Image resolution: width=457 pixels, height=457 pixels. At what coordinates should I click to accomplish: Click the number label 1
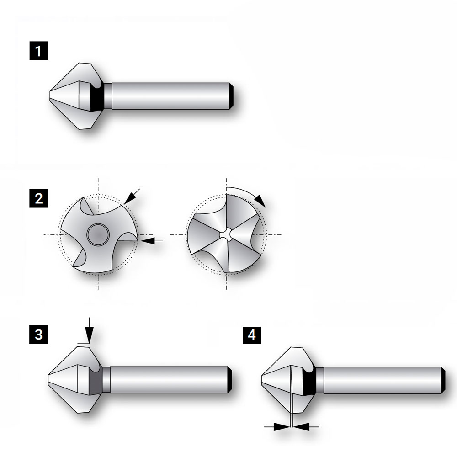click(x=39, y=51)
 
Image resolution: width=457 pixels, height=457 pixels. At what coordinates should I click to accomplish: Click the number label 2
click(x=39, y=198)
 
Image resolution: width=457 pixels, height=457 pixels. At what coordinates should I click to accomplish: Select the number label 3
click(x=39, y=335)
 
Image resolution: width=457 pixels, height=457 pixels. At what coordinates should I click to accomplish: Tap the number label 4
click(x=252, y=335)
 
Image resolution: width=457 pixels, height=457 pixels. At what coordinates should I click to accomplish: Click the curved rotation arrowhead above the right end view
click(x=260, y=201)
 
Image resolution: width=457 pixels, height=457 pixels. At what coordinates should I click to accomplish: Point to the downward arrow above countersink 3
click(x=89, y=330)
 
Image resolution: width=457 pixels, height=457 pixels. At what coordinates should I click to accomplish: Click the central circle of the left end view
click(x=98, y=234)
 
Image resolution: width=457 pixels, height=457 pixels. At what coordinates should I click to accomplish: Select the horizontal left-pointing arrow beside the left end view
click(x=151, y=241)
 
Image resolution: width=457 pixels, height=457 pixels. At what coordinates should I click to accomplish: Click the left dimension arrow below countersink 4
click(x=277, y=427)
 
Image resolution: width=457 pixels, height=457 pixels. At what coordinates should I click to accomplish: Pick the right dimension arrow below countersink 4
click(x=306, y=427)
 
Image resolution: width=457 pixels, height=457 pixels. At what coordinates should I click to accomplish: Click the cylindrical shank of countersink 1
click(x=170, y=96)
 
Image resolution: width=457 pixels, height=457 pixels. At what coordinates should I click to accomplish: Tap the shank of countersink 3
click(x=169, y=380)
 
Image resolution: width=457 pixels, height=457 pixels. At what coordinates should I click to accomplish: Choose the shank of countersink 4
click(x=382, y=380)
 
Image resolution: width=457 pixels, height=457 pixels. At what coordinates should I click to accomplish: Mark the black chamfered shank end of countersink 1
click(x=231, y=96)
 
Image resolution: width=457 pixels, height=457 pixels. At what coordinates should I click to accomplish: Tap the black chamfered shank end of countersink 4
click(x=443, y=380)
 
